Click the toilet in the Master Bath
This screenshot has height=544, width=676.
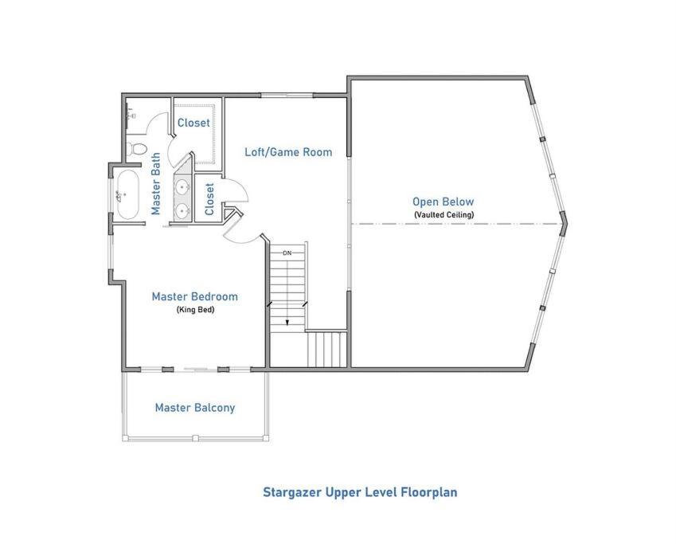pyautogui.click(x=138, y=148)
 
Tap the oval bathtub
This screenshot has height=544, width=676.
pyautogui.click(x=128, y=194)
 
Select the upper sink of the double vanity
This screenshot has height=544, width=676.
pyautogui.click(x=183, y=187)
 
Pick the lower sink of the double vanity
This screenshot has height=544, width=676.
pyautogui.click(x=183, y=211)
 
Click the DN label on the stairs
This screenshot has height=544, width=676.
pyautogui.click(x=287, y=253)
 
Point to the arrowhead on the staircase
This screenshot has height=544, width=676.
pyautogui.click(x=287, y=323)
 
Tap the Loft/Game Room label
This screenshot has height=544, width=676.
pyautogui.click(x=288, y=152)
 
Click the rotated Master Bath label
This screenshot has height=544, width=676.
pyautogui.click(x=155, y=183)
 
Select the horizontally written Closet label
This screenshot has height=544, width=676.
pyautogui.click(x=193, y=123)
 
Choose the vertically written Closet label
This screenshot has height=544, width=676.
pyautogui.click(x=209, y=199)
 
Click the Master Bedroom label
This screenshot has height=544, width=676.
pyautogui.click(x=195, y=296)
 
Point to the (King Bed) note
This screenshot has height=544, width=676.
pyautogui.click(x=195, y=310)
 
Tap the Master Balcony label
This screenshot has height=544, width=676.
pyautogui.click(x=195, y=408)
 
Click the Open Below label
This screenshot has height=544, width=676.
pyautogui.click(x=444, y=202)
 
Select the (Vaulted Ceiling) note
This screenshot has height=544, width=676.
pyautogui.click(x=444, y=214)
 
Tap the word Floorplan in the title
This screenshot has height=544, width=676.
pyautogui.click(x=429, y=492)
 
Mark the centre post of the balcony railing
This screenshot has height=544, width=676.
pyautogui.click(x=195, y=438)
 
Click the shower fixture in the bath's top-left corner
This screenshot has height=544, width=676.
pyautogui.click(x=131, y=113)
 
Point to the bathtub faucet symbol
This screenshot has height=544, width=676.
pyautogui.click(x=120, y=197)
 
